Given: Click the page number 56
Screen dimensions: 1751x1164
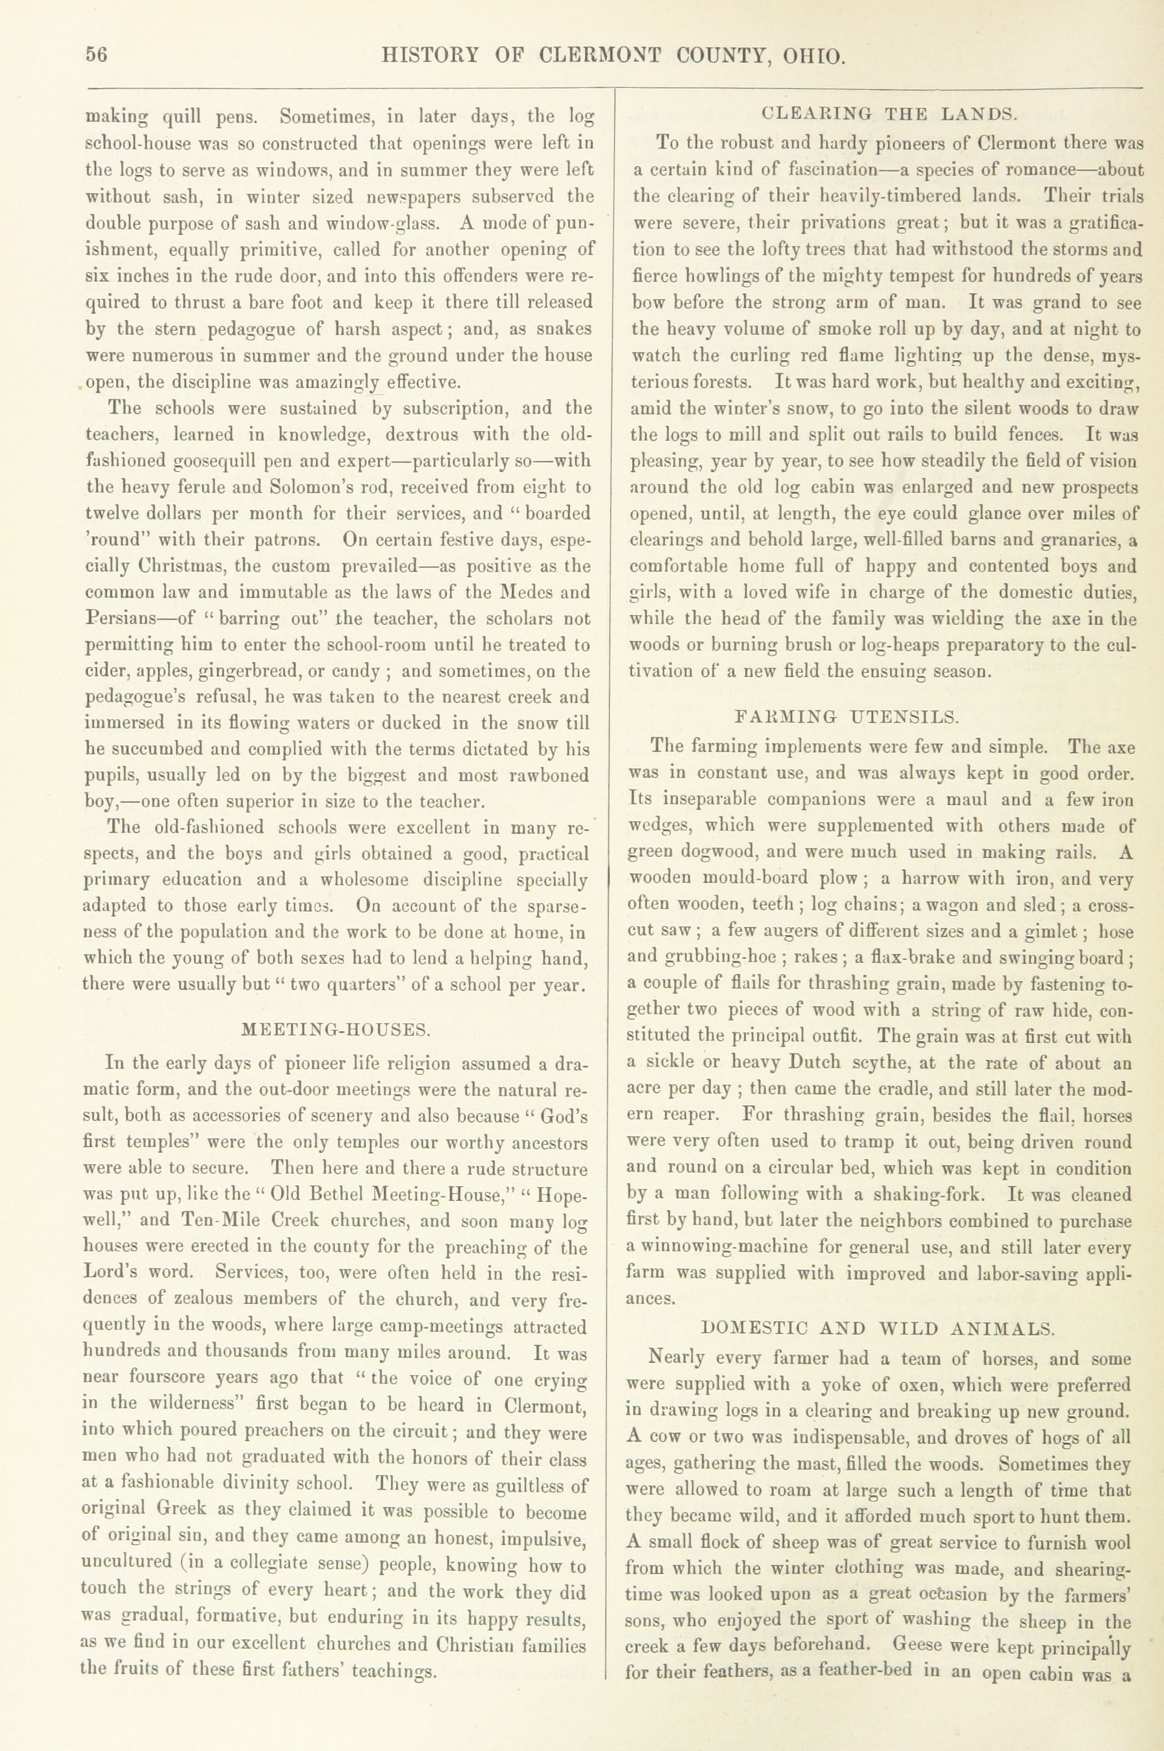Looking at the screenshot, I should tap(97, 56).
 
